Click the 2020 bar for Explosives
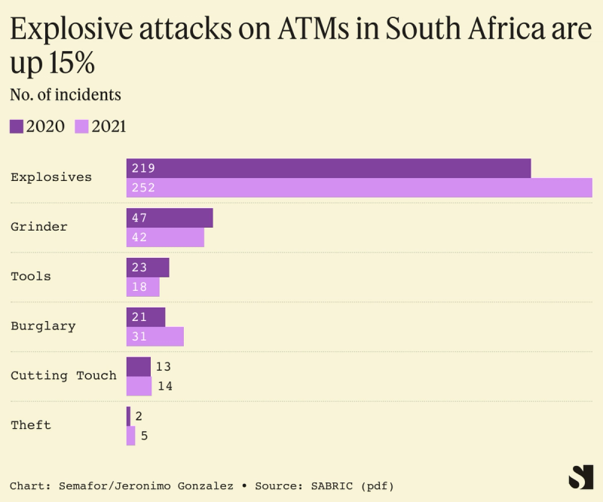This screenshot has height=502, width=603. [329, 168]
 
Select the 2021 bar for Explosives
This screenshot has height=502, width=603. [359, 188]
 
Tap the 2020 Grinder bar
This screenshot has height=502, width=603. [170, 218]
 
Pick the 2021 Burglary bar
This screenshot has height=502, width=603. [155, 336]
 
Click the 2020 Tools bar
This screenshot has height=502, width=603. [148, 268]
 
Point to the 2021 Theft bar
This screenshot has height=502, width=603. [130, 436]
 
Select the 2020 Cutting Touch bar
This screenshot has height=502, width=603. [138, 366]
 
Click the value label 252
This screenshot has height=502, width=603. [142, 188]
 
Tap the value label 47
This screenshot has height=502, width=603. [139, 218]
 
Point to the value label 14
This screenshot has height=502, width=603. [164, 386]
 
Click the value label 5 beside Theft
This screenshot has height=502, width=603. [144, 436]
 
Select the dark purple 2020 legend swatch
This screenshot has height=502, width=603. [17, 126]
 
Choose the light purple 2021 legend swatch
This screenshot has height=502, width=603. [81, 126]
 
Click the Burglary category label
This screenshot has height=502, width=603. [43, 326]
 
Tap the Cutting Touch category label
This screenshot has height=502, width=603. [63, 375]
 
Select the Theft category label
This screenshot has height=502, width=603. [31, 425]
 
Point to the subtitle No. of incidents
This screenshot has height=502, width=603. [66, 95]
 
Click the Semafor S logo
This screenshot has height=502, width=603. [580, 477]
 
